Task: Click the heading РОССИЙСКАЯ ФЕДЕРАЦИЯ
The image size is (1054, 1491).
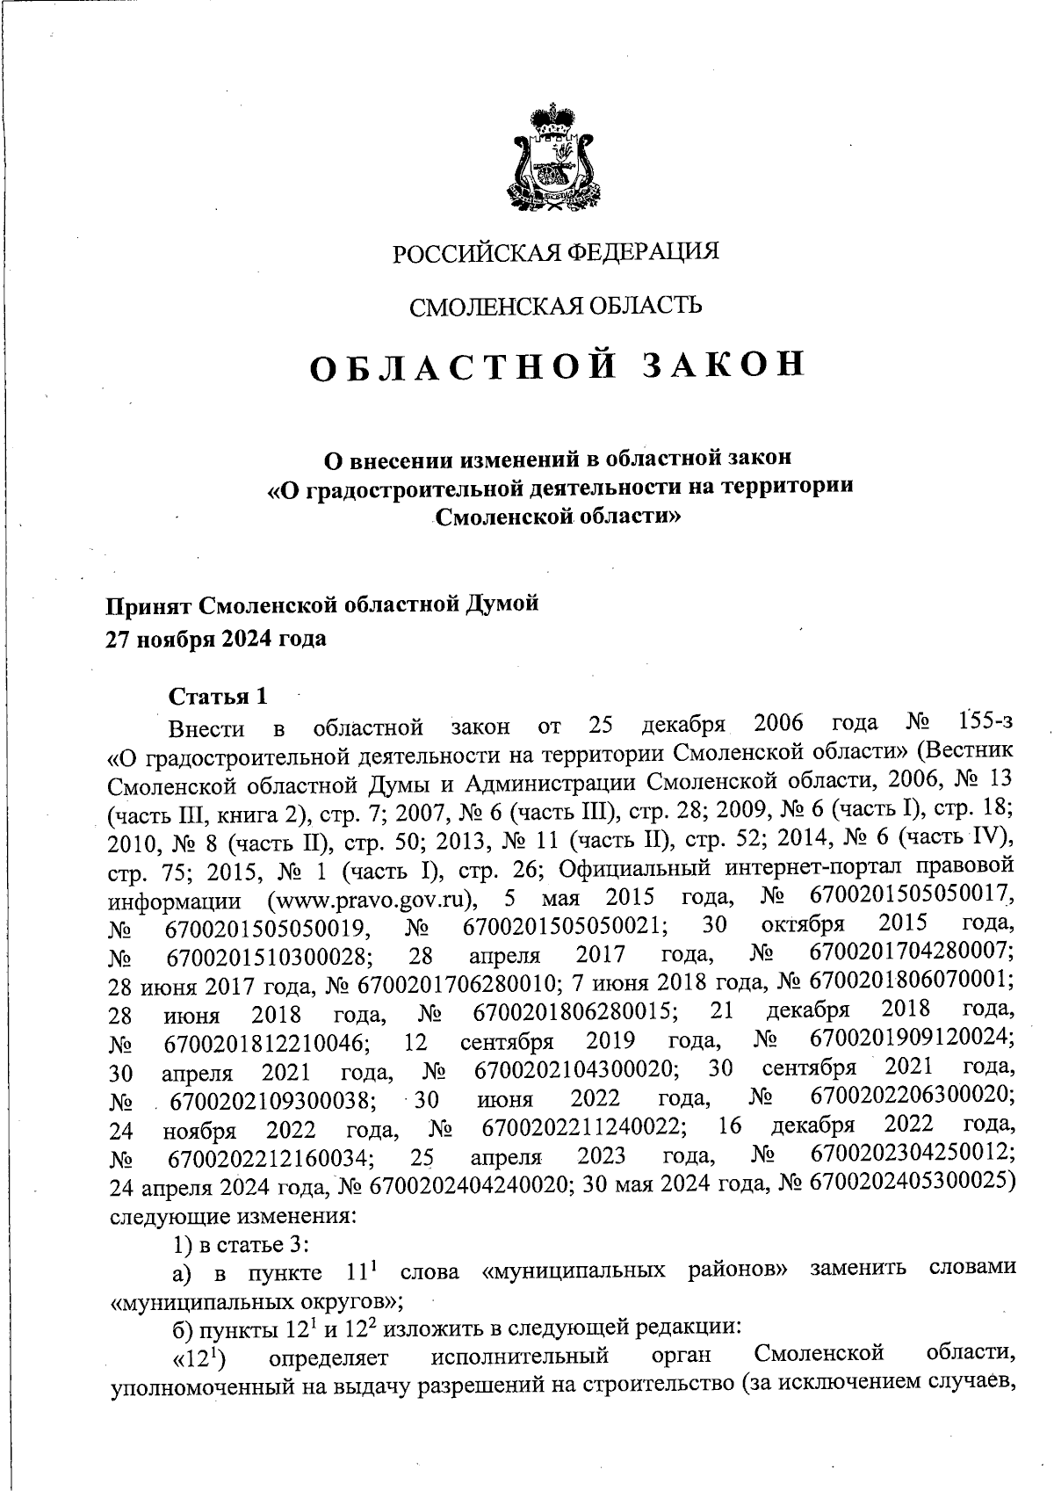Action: tap(555, 253)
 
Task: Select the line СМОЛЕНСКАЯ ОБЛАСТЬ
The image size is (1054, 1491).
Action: tap(556, 306)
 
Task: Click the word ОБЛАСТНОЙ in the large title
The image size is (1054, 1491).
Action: tap(462, 367)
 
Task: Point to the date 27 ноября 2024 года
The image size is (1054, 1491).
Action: tap(216, 639)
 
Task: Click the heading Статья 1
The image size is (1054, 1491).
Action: tap(218, 698)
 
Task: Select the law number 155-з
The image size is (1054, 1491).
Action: tap(986, 724)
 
